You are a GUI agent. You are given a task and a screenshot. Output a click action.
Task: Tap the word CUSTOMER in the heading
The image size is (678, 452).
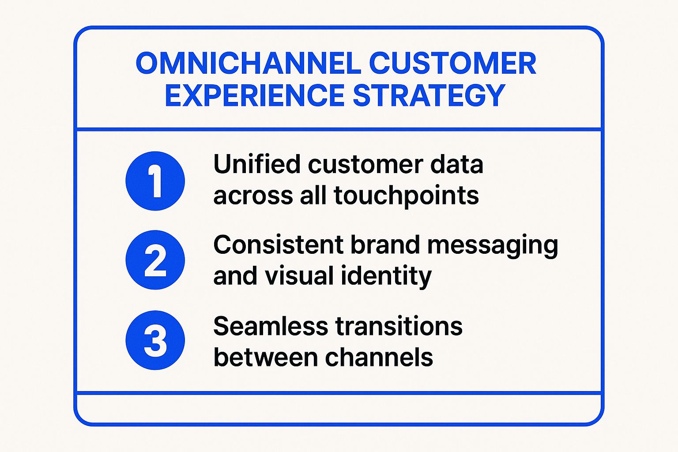452,64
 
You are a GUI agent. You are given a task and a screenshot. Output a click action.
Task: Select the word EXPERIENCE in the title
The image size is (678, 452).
254,96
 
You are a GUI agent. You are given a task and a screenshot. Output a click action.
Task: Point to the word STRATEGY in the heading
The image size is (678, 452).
429,96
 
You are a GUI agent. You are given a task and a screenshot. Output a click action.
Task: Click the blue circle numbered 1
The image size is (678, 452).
155,181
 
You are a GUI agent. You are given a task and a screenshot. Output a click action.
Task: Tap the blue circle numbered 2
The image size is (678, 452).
155,260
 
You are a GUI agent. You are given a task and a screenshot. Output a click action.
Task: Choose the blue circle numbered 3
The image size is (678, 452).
155,340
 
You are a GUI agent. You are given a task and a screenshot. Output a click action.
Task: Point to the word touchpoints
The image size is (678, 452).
406,196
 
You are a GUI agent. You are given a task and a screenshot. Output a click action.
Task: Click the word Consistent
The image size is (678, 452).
279,245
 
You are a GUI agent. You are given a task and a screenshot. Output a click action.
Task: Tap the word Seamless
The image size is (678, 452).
270,327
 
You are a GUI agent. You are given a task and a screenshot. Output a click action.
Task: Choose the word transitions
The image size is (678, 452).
399,327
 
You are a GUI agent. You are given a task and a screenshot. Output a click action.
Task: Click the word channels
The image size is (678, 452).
379,358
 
